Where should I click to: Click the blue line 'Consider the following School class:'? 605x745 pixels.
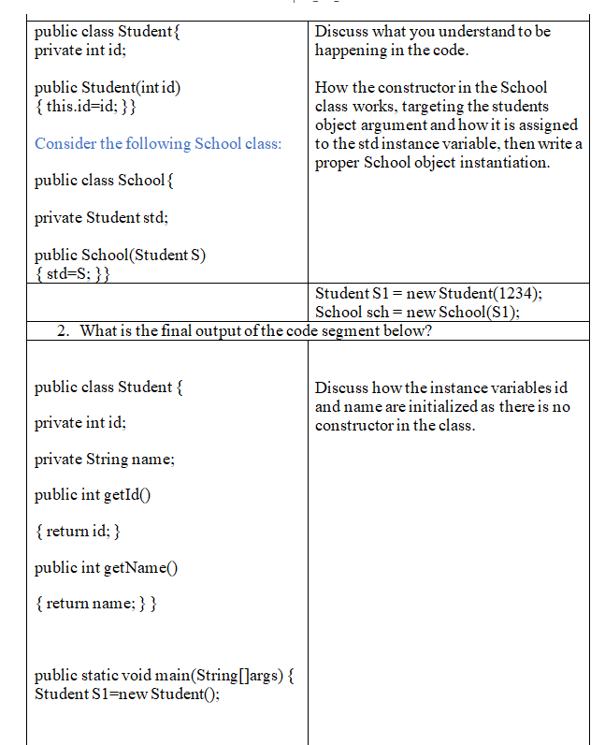click(x=157, y=143)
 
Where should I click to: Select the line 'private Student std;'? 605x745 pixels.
click(x=101, y=218)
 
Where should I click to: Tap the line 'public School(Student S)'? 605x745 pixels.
click(x=120, y=256)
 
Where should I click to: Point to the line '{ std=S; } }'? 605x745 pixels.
click(x=73, y=273)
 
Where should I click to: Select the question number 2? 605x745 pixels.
click(x=61, y=330)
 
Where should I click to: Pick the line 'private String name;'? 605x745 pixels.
click(x=105, y=460)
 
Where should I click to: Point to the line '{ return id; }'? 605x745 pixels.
click(x=77, y=532)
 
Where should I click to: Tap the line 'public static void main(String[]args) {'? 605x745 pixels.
click(x=165, y=676)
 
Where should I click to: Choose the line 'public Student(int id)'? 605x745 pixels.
click(x=108, y=88)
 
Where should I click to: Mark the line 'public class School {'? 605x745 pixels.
click(x=103, y=181)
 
